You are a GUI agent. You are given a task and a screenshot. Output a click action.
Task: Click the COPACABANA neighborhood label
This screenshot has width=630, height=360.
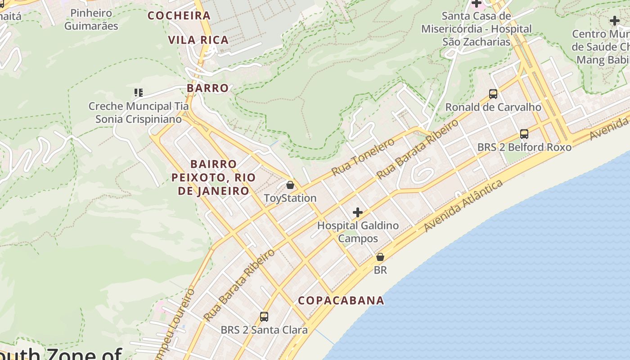341,301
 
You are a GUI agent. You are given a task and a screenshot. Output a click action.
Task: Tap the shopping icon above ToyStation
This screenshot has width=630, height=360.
290,185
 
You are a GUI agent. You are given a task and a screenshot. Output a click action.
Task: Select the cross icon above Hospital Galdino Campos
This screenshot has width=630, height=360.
358,212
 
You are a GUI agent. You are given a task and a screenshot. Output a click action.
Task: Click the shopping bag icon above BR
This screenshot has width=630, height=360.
380,257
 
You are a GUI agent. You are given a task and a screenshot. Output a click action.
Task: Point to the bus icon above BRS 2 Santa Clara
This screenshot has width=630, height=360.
264,317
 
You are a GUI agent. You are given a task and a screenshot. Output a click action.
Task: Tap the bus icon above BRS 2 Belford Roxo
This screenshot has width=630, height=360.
524,134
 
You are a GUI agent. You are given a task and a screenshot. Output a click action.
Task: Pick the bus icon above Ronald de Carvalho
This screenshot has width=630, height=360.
493,94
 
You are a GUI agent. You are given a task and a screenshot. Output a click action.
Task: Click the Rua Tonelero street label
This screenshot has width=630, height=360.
363,157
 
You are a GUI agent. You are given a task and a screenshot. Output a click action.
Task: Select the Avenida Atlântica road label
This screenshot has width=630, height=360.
463,206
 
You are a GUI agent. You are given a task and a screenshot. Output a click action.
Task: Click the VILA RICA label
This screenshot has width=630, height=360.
198,40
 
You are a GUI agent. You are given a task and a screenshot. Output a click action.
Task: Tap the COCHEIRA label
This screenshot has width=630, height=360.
179,16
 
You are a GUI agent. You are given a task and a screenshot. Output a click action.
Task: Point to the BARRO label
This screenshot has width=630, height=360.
207,88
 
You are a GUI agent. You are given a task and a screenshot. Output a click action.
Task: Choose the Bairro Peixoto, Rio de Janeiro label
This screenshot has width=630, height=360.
213,177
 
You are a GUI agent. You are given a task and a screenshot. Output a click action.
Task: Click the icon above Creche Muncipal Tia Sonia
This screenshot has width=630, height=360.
139,93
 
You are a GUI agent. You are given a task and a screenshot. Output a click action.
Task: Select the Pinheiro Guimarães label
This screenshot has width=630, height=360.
91,19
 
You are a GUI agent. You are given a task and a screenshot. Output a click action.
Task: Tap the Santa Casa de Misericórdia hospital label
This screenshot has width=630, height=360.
477,29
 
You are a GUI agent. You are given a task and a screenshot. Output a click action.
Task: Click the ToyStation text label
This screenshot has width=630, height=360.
290,198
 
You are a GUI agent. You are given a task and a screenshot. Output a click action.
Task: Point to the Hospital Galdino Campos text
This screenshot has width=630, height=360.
358,232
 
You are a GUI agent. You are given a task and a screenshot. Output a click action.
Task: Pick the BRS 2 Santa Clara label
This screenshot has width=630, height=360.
264,330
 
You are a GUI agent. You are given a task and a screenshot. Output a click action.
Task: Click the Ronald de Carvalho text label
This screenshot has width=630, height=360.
493,107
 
